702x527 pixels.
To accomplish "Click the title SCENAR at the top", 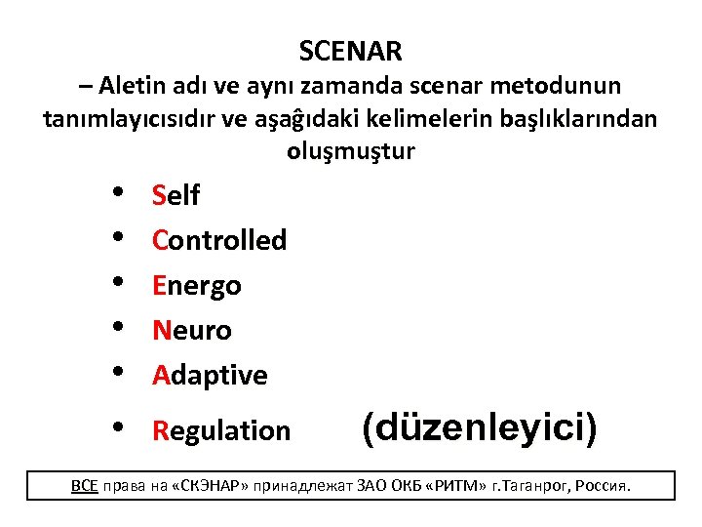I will pos(350,50).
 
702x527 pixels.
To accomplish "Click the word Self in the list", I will pos(175,196).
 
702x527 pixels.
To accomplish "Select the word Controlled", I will pos(219,240).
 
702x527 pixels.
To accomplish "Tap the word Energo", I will pos(197,286).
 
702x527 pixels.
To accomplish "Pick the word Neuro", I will pos(192,331).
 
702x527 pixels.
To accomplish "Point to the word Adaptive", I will pos(210,376).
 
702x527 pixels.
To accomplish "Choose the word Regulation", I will pos(221,430).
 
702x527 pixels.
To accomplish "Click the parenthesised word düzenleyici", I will pos(479,427).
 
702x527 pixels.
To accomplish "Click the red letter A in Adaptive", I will pos(161,376).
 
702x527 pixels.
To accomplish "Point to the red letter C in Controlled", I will pos(161,240).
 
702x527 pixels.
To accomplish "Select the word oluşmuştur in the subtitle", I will pos(351,152).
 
